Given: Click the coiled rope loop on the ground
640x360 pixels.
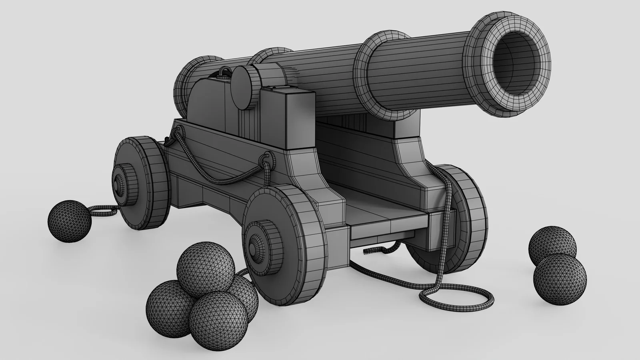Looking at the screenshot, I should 456,298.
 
